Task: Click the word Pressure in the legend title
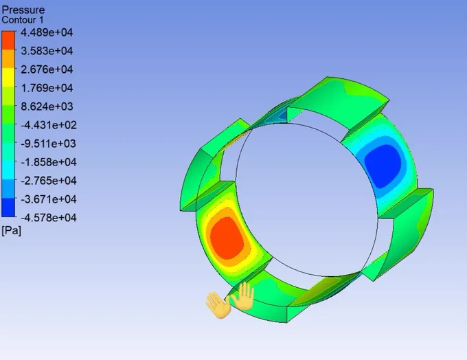click(23, 10)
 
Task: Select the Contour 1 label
click(23, 20)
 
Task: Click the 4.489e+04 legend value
click(47, 32)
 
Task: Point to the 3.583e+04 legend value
click(47, 51)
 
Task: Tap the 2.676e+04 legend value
click(47, 69)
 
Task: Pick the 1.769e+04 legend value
click(47, 88)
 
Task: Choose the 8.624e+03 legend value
click(47, 106)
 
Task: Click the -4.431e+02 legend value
click(49, 125)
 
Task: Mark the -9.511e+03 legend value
click(49, 144)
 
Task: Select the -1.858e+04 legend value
click(49, 162)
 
